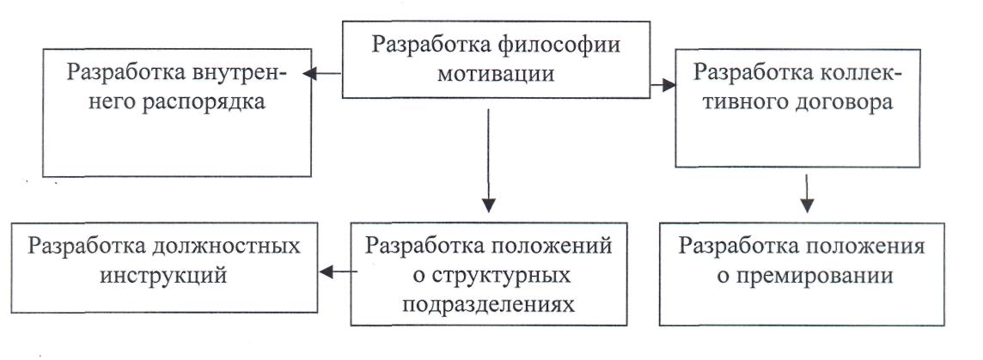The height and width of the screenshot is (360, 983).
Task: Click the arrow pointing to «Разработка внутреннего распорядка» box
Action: [322, 73]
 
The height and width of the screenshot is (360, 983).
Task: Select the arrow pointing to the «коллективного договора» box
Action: [662, 85]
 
